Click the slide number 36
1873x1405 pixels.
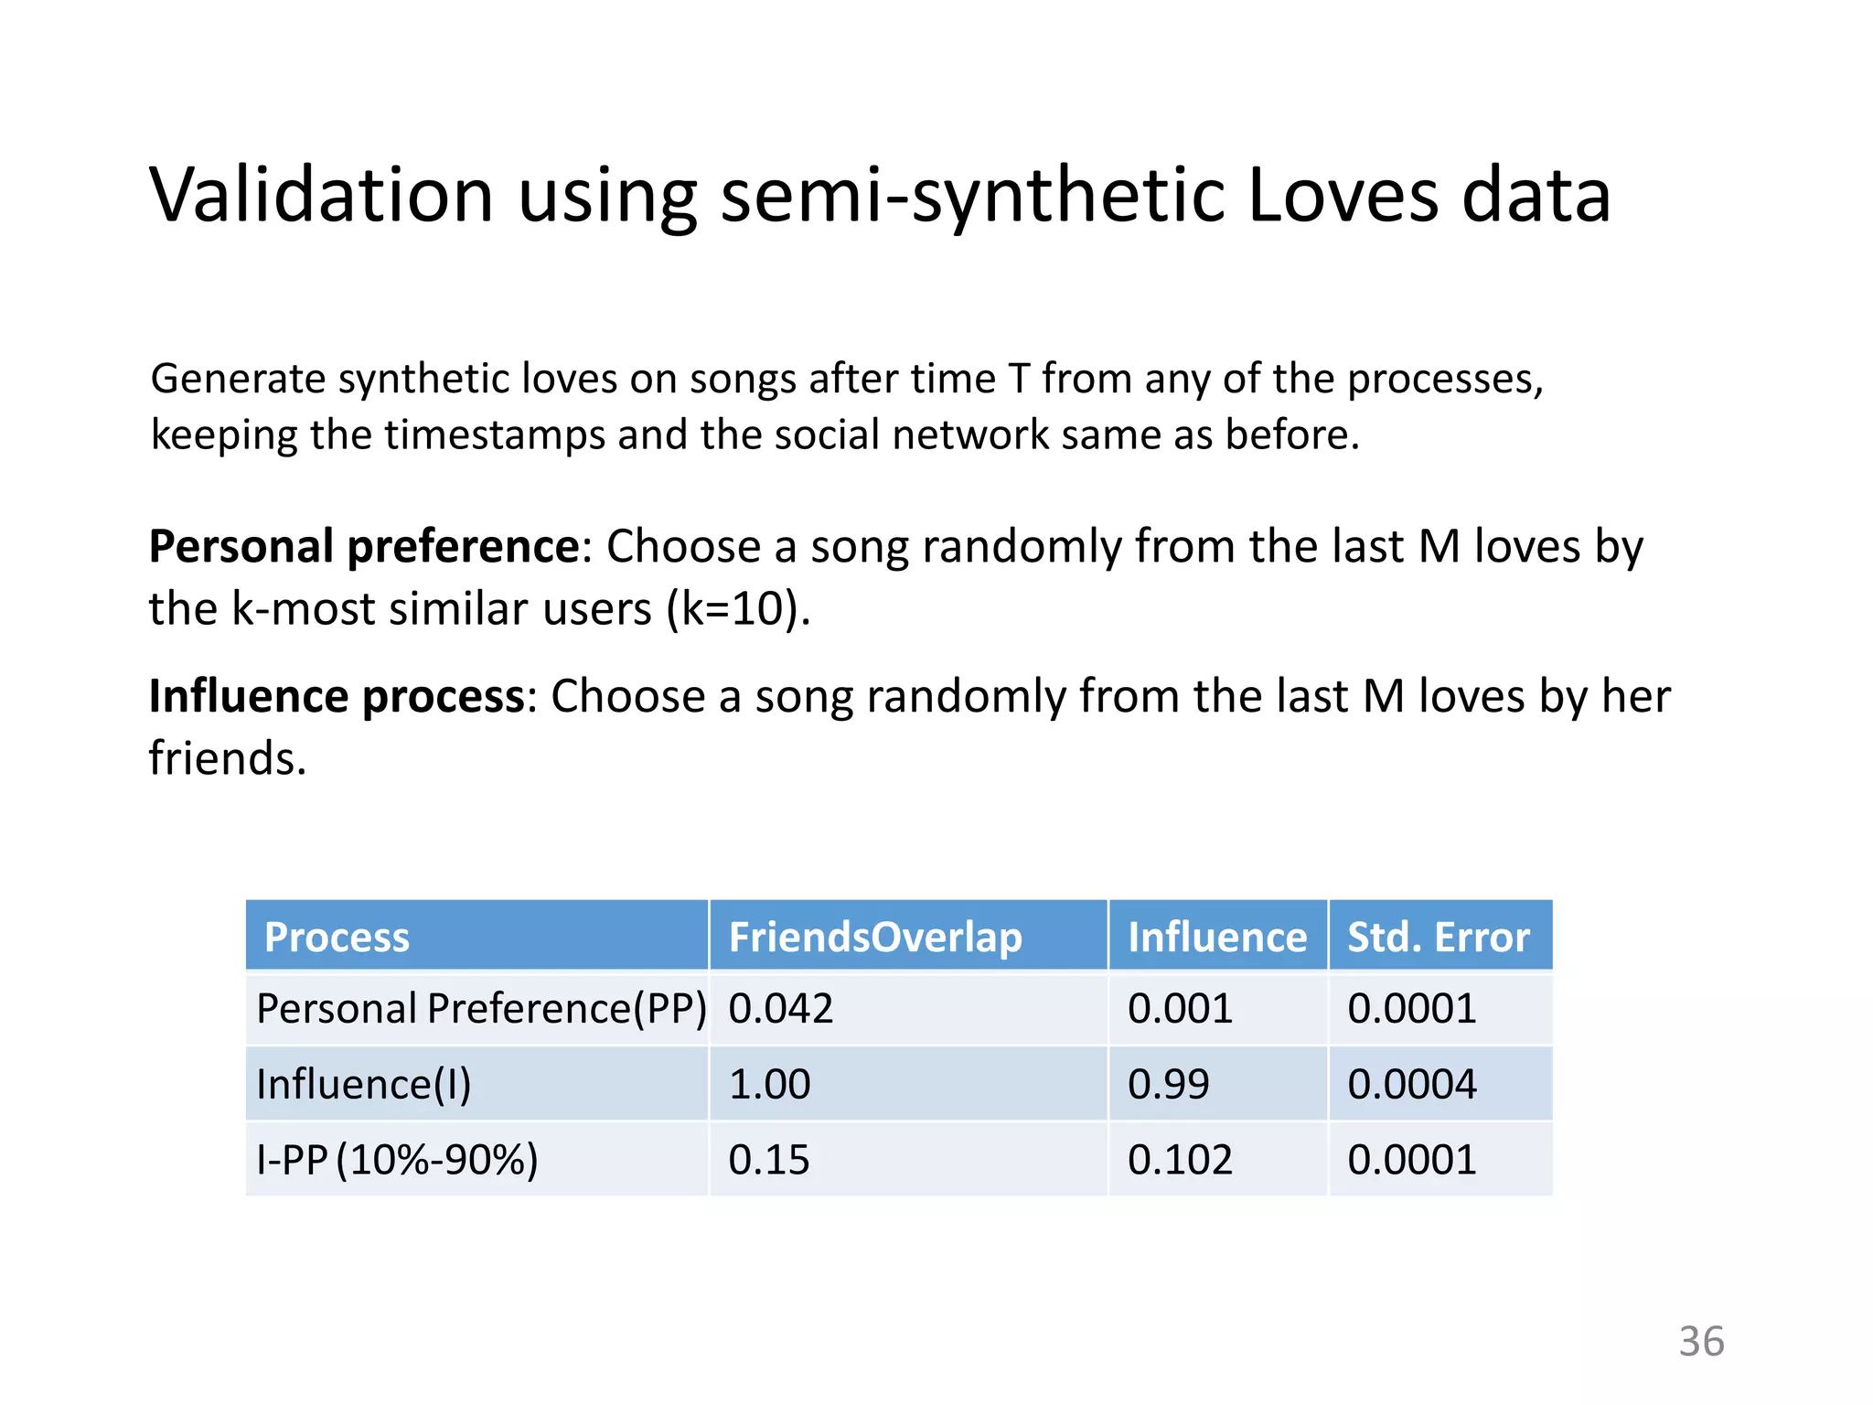(1701, 1342)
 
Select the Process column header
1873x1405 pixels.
(337, 937)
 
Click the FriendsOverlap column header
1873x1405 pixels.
(875, 937)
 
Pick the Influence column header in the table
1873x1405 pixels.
(1217, 937)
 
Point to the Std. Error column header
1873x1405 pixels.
(1439, 937)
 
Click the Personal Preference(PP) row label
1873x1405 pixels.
(481, 1009)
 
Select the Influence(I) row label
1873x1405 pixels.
(364, 1085)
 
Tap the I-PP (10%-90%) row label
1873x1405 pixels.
(397, 1160)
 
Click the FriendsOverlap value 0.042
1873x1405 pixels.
(781, 1009)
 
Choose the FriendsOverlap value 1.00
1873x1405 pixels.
(769, 1085)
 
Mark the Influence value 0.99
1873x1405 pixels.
(1168, 1085)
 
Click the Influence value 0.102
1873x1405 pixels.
(1180, 1160)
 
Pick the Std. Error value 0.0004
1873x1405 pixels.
(1412, 1085)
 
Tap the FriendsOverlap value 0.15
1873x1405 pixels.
(769, 1160)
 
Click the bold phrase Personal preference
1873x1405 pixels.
(364, 547)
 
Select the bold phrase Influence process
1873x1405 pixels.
(337, 697)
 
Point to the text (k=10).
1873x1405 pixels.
(739, 609)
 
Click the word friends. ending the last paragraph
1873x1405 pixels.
(228, 759)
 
